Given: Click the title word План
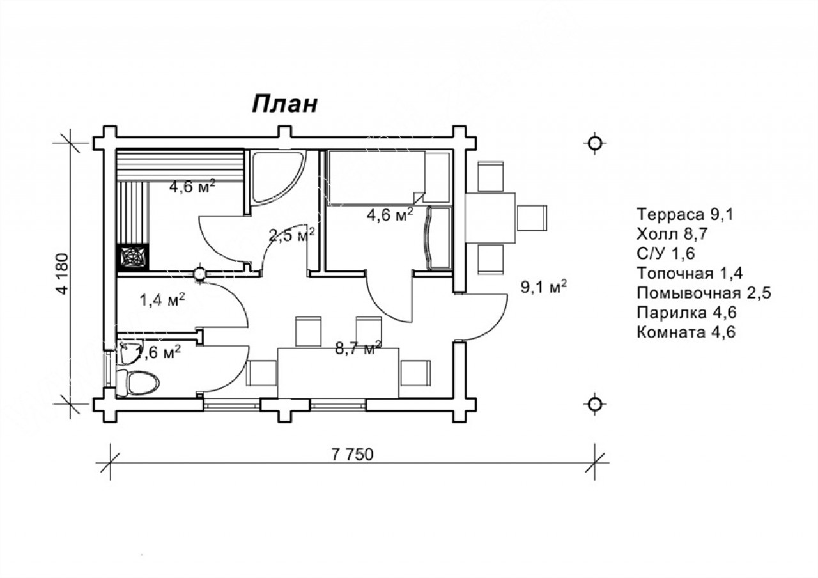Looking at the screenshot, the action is (284, 104).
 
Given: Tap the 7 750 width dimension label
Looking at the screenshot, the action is (352, 455).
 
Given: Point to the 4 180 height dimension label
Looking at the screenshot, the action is (63, 274).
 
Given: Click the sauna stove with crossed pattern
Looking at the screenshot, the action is (132, 257).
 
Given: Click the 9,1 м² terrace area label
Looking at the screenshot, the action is (543, 287).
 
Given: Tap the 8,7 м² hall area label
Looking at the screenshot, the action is (358, 348).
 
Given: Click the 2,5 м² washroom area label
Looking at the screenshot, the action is (291, 235).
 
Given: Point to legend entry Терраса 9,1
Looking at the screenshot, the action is (684, 214).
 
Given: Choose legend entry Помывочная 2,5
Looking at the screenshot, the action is (704, 293).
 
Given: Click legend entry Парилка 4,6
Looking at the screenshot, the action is (686, 313).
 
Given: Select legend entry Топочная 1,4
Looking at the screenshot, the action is (690, 273).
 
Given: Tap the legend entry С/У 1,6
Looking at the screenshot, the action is (666, 254).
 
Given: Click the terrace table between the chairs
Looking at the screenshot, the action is (490, 218).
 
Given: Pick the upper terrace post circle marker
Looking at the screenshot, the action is (595, 143).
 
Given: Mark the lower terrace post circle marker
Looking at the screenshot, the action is (595, 404).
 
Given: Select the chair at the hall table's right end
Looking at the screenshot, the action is (415, 373).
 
